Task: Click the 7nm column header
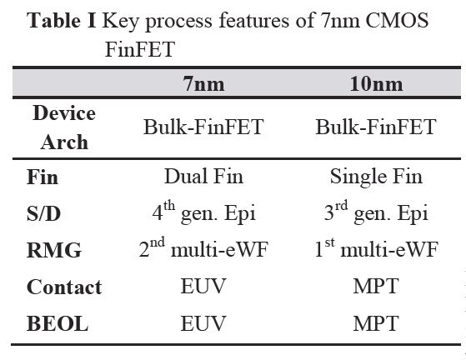[x=204, y=85]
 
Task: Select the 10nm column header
[x=375, y=85]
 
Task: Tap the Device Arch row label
[x=64, y=127]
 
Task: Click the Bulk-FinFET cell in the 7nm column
[x=203, y=127]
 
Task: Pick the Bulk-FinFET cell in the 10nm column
[x=375, y=127]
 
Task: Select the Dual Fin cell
[x=203, y=177]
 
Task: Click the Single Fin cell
[x=376, y=177]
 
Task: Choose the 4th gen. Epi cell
[x=203, y=213]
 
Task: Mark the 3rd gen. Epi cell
[x=376, y=213]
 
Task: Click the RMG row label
[x=51, y=250]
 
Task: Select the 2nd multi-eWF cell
[x=203, y=250]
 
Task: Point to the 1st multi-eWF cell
[x=376, y=250]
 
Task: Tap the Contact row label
[x=64, y=287]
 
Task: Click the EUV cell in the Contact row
[x=204, y=287]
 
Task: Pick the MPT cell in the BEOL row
[x=376, y=323]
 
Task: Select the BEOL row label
[x=57, y=323]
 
